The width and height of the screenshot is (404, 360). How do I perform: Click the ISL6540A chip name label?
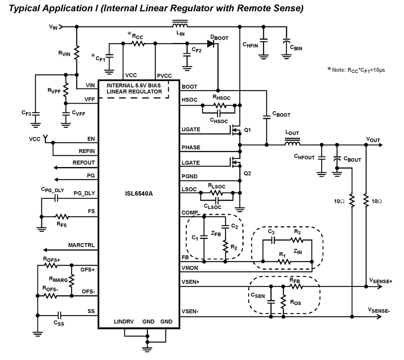[x=139, y=193]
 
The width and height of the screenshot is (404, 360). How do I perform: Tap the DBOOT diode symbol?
[x=210, y=43]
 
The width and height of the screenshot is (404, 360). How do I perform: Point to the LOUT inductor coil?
[x=292, y=143]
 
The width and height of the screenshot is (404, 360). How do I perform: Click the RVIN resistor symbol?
[x=77, y=53]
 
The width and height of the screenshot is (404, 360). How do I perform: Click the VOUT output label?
[x=373, y=140]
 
